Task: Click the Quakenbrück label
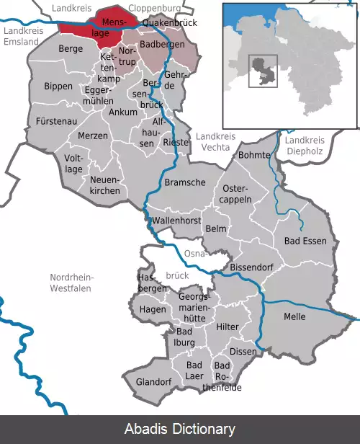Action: pyautogui.click(x=169, y=23)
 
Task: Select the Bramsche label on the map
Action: pyautogui.click(x=181, y=183)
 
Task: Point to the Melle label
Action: pyautogui.click(x=294, y=316)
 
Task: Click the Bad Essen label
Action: pyautogui.click(x=305, y=241)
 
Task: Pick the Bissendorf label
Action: pyautogui.click(x=251, y=267)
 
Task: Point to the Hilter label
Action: pyautogui.click(x=228, y=327)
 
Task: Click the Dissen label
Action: pyautogui.click(x=243, y=351)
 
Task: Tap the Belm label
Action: pyautogui.click(x=216, y=228)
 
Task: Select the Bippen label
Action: pyautogui.click(x=58, y=86)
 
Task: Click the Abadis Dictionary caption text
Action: pyautogui.click(x=180, y=430)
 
